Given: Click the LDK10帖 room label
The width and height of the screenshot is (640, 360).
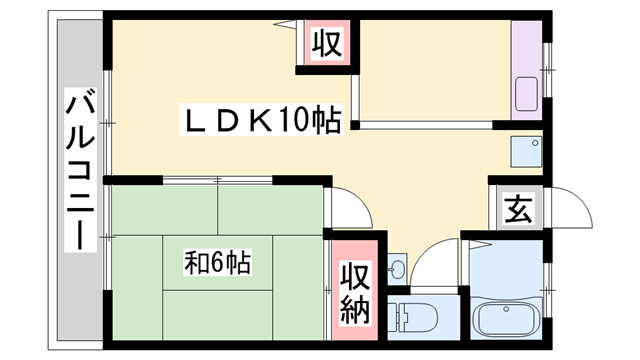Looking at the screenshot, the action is [x=262, y=120].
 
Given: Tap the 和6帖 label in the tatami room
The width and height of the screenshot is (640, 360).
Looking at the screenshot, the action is [x=217, y=262].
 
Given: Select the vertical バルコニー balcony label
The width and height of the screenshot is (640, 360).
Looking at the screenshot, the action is [x=80, y=169].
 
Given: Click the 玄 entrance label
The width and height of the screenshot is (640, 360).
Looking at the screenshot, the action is [x=518, y=209].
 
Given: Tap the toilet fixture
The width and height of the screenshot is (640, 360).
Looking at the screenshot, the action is [x=412, y=317].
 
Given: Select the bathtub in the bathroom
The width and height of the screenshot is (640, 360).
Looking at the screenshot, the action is [x=506, y=318].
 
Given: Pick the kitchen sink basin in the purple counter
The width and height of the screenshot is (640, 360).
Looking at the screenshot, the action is [x=527, y=94].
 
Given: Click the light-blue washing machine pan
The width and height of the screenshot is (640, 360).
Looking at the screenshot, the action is [x=527, y=151].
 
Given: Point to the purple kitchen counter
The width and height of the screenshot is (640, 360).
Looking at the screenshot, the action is [x=527, y=70].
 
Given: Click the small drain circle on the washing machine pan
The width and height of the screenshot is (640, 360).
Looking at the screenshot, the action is [x=535, y=143].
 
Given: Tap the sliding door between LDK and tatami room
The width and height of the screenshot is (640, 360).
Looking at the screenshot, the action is [x=218, y=180].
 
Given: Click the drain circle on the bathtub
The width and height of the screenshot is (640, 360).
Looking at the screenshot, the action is [x=506, y=309].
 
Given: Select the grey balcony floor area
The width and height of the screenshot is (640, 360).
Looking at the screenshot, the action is [x=80, y=180].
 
